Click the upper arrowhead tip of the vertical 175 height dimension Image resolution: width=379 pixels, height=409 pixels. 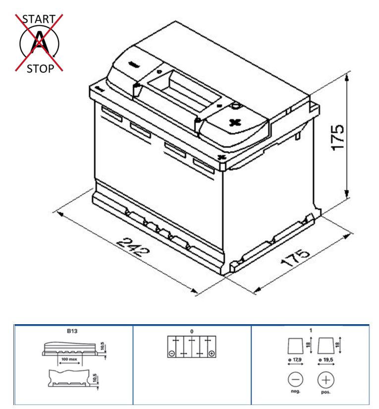tap(346, 74)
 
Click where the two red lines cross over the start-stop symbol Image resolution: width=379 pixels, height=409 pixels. tap(39, 43)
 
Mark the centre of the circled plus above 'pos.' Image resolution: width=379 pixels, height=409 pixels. tap(326, 380)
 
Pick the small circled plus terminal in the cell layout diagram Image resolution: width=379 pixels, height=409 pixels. tap(212, 353)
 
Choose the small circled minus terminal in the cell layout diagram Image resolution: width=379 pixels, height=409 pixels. tap(171, 353)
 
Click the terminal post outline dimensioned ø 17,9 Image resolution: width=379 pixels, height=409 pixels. tap(296, 346)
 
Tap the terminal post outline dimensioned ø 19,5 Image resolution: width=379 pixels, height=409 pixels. tap(325, 346)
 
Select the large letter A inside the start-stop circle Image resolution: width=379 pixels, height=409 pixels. tap(40, 42)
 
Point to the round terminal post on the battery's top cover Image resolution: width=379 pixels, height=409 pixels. tap(236, 106)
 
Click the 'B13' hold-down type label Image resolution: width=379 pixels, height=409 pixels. tap(72, 331)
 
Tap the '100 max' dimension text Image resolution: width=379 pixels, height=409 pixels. tap(69, 359)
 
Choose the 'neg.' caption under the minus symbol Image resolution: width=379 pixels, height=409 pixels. tap(295, 391)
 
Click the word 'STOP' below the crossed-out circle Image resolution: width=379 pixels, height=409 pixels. tap(41, 69)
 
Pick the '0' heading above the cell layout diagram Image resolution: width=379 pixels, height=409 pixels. tap(192, 332)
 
